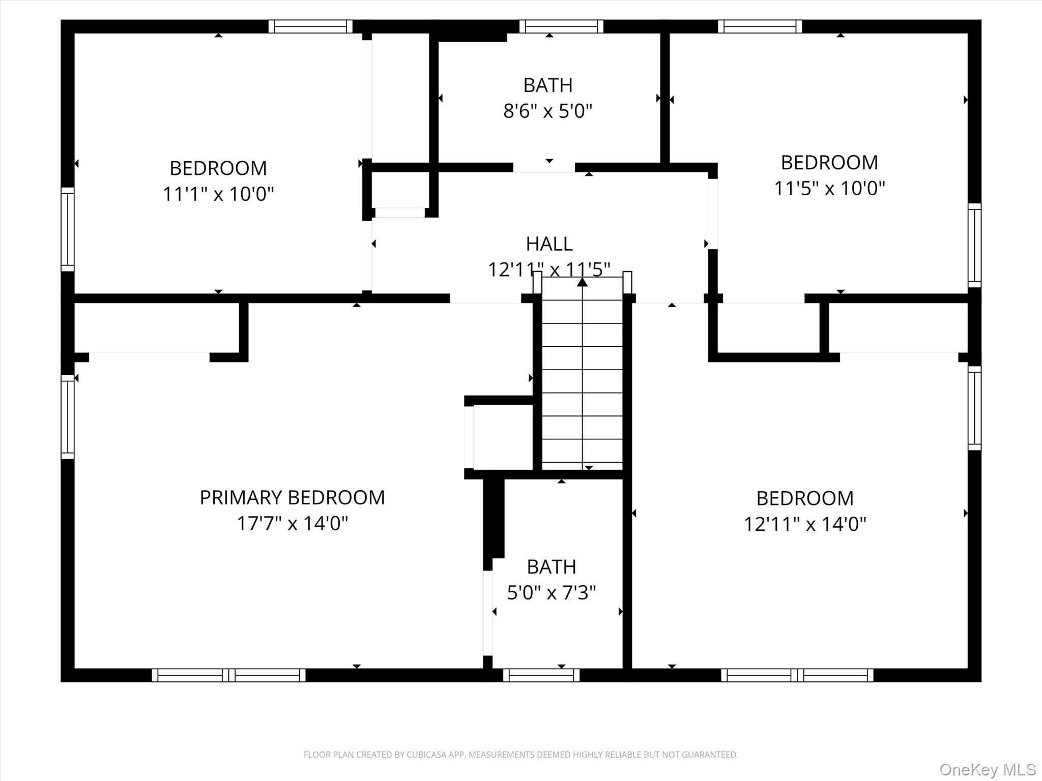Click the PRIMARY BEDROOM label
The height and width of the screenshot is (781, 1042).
[x=292, y=498]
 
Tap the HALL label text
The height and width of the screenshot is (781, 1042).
[x=549, y=244]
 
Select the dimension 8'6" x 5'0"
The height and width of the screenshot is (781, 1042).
[x=548, y=111]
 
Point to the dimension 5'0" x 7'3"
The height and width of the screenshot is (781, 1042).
[x=552, y=592]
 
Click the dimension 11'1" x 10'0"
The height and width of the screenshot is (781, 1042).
[x=218, y=194]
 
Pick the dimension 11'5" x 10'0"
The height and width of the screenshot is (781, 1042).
[x=829, y=189]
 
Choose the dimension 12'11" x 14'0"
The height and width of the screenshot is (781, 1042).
[x=805, y=524]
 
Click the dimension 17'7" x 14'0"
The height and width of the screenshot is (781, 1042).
[x=293, y=523]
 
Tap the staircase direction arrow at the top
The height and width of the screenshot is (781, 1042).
[x=583, y=282]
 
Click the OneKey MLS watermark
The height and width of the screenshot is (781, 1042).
[x=987, y=769]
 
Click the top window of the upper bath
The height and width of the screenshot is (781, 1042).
[x=561, y=26]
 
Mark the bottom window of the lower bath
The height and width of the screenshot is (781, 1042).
[x=541, y=675]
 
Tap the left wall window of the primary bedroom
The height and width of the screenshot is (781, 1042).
[x=68, y=417]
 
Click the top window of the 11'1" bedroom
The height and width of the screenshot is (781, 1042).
[x=310, y=26]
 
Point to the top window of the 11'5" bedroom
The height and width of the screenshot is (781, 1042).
[x=760, y=26]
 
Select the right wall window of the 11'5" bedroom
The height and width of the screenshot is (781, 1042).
[x=974, y=246]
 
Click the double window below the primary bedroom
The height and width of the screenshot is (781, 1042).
[x=229, y=675]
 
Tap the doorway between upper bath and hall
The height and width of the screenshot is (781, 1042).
[x=544, y=168]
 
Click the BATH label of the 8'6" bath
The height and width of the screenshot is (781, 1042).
[x=548, y=85]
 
